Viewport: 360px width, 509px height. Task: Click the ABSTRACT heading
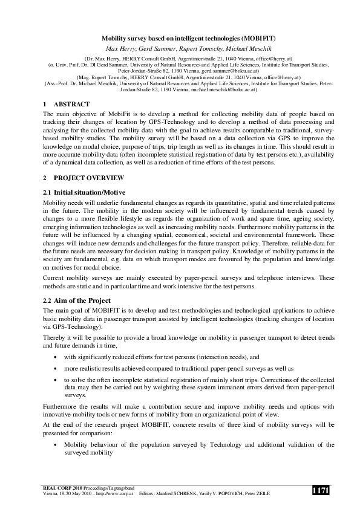pyautogui.click(x=71, y=104)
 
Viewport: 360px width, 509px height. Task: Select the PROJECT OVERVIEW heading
pyautogui.click(x=89, y=178)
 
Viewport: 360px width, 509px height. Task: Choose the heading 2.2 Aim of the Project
pyautogui.click(x=77, y=300)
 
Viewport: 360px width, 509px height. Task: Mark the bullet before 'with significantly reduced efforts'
pyautogui.click(x=56, y=357)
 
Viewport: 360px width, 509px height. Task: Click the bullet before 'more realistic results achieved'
pyautogui.click(x=56, y=368)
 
